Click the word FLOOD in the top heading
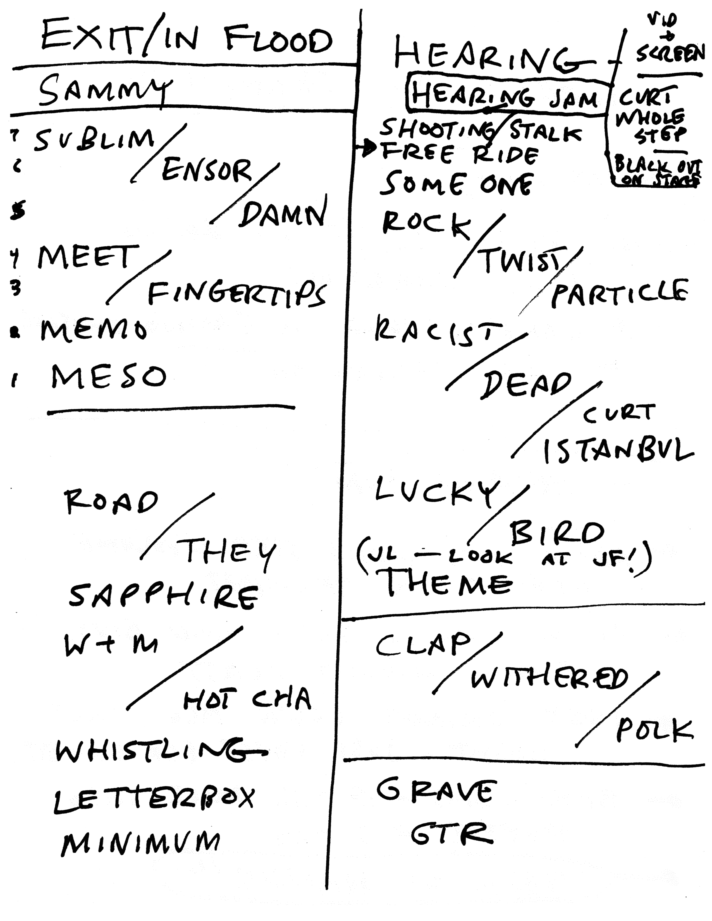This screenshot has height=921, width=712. [x=278, y=41]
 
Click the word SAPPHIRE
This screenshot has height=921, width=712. [x=164, y=596]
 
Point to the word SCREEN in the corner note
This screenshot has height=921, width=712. [x=670, y=54]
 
